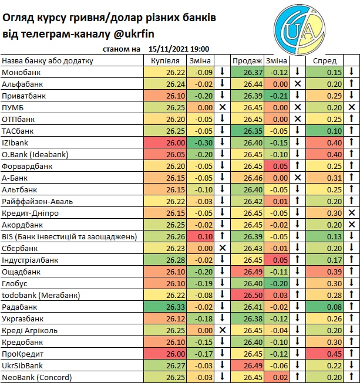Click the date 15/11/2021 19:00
180,50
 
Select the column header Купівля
164,61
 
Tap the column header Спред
324,61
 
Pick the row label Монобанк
22,72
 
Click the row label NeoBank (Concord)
37,377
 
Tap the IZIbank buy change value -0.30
204,143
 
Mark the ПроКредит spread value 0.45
335,354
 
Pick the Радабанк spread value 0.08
335,307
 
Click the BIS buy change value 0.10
205,236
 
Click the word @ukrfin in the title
189,33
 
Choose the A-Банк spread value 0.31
335,178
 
